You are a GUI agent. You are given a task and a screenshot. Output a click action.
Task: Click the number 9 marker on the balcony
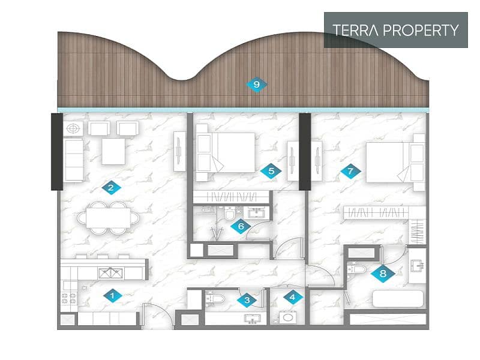click(257, 85)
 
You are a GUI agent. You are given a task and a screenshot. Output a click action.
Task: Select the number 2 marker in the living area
click(111, 187)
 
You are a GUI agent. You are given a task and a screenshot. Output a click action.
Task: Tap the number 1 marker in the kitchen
click(113, 296)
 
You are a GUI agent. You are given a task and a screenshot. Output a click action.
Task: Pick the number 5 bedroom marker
click(271, 171)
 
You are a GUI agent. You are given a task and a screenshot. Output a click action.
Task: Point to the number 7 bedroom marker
click(351, 171)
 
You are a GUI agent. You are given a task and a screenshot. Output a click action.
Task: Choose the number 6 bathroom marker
click(241, 227)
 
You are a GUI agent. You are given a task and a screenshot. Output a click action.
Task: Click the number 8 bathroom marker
click(383, 274)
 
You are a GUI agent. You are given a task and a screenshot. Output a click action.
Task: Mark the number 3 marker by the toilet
click(247, 301)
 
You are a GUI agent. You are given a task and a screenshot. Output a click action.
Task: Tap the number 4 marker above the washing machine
click(293, 296)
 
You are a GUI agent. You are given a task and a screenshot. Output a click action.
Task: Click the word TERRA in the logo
click(355, 30)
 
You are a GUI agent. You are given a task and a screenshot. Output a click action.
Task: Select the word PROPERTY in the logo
click(421, 30)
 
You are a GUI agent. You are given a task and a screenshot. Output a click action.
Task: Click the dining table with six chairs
click(109, 218)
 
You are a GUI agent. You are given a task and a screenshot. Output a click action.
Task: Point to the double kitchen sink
click(111, 273)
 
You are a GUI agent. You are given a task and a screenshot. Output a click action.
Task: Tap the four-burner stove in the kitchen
click(69, 298)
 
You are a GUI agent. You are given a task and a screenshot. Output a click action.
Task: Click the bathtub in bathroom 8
click(398, 298)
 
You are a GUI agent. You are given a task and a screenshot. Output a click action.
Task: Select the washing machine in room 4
click(288, 317)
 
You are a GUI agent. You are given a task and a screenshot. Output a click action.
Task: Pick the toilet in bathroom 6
click(229, 213)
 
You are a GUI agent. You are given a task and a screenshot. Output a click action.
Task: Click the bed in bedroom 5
click(226, 152)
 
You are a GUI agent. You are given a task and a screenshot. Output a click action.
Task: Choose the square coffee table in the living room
click(113, 151)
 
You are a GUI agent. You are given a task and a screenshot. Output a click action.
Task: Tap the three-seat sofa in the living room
click(73, 160)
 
